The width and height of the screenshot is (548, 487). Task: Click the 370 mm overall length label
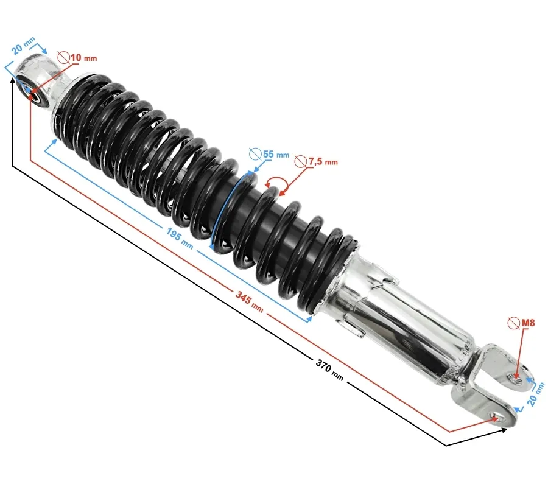click(x=329, y=370)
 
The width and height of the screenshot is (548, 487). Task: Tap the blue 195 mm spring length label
click(x=179, y=238)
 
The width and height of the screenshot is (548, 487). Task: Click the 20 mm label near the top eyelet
click(x=23, y=46)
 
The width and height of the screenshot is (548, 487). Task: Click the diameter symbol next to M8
click(x=514, y=323)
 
